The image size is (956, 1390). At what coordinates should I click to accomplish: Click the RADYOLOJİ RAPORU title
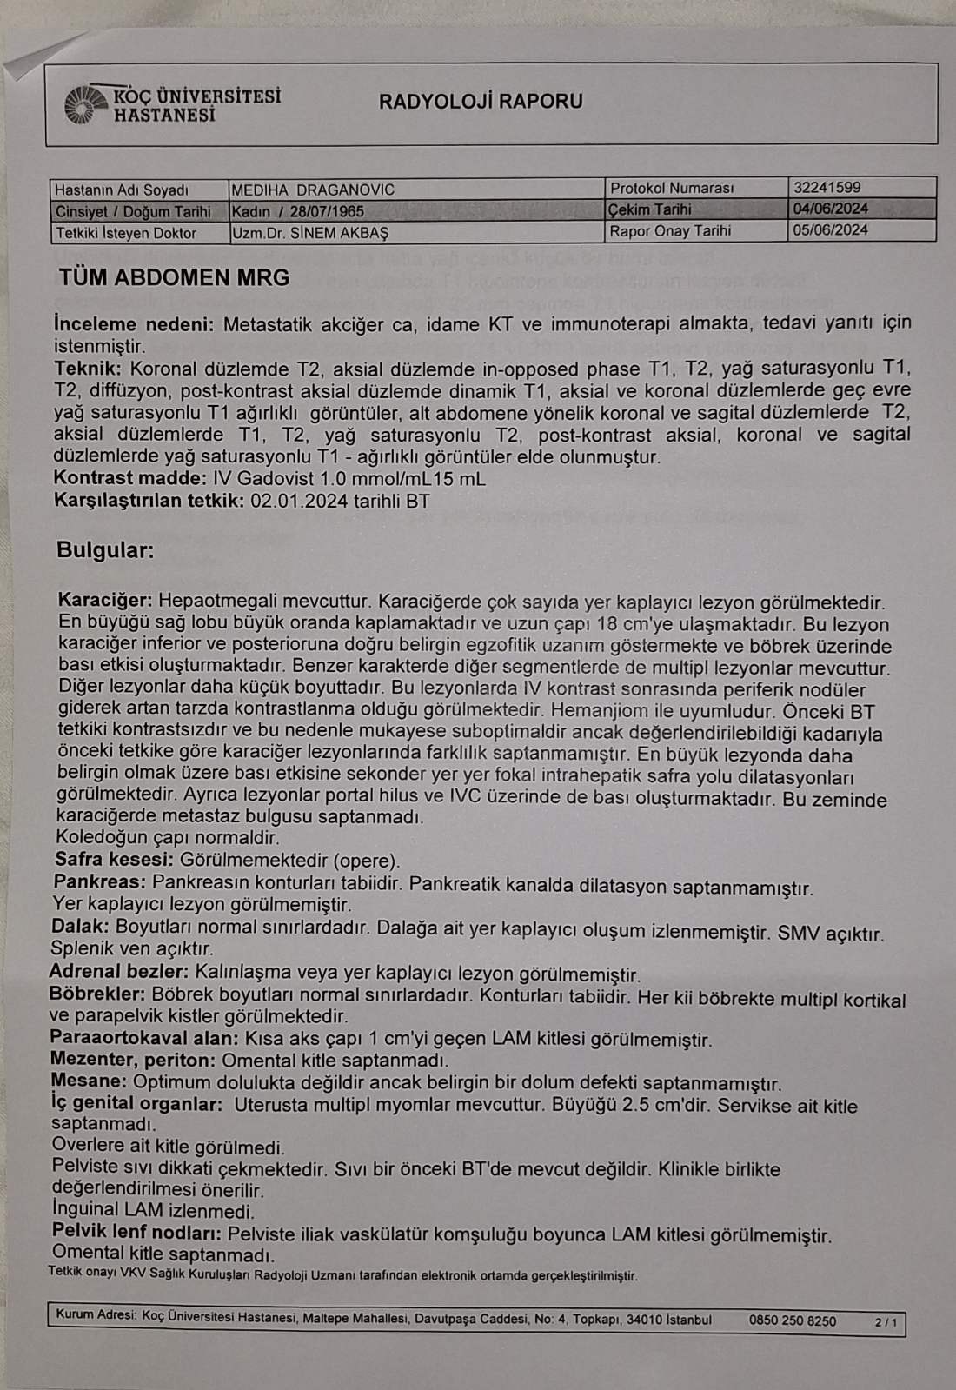click(x=481, y=101)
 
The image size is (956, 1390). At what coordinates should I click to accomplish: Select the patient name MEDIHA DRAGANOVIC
click(x=313, y=190)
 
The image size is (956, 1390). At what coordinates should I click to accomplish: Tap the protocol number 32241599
click(x=827, y=187)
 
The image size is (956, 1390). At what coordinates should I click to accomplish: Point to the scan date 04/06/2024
click(x=830, y=209)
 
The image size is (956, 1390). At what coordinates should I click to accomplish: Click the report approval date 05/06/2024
click(x=830, y=230)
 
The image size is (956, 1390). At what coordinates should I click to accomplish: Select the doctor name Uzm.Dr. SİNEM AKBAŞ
click(x=310, y=233)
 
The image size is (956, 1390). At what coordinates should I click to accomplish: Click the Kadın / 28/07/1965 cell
click(x=298, y=211)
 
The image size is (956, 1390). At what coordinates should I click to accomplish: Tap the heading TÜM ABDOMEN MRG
click(x=174, y=278)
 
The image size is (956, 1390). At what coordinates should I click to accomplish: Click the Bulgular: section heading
click(x=105, y=550)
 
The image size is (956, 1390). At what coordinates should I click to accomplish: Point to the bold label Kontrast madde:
click(x=130, y=478)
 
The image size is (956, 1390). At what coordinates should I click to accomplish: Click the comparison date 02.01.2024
click(x=299, y=501)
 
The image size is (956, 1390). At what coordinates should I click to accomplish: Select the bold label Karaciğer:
click(x=105, y=601)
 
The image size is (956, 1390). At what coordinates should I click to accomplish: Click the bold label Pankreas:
click(x=98, y=882)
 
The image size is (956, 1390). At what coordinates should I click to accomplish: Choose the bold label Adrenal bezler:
click(x=119, y=972)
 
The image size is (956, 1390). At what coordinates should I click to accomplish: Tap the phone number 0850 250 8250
click(x=793, y=1320)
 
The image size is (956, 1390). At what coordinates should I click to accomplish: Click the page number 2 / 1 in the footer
click(x=886, y=1323)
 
